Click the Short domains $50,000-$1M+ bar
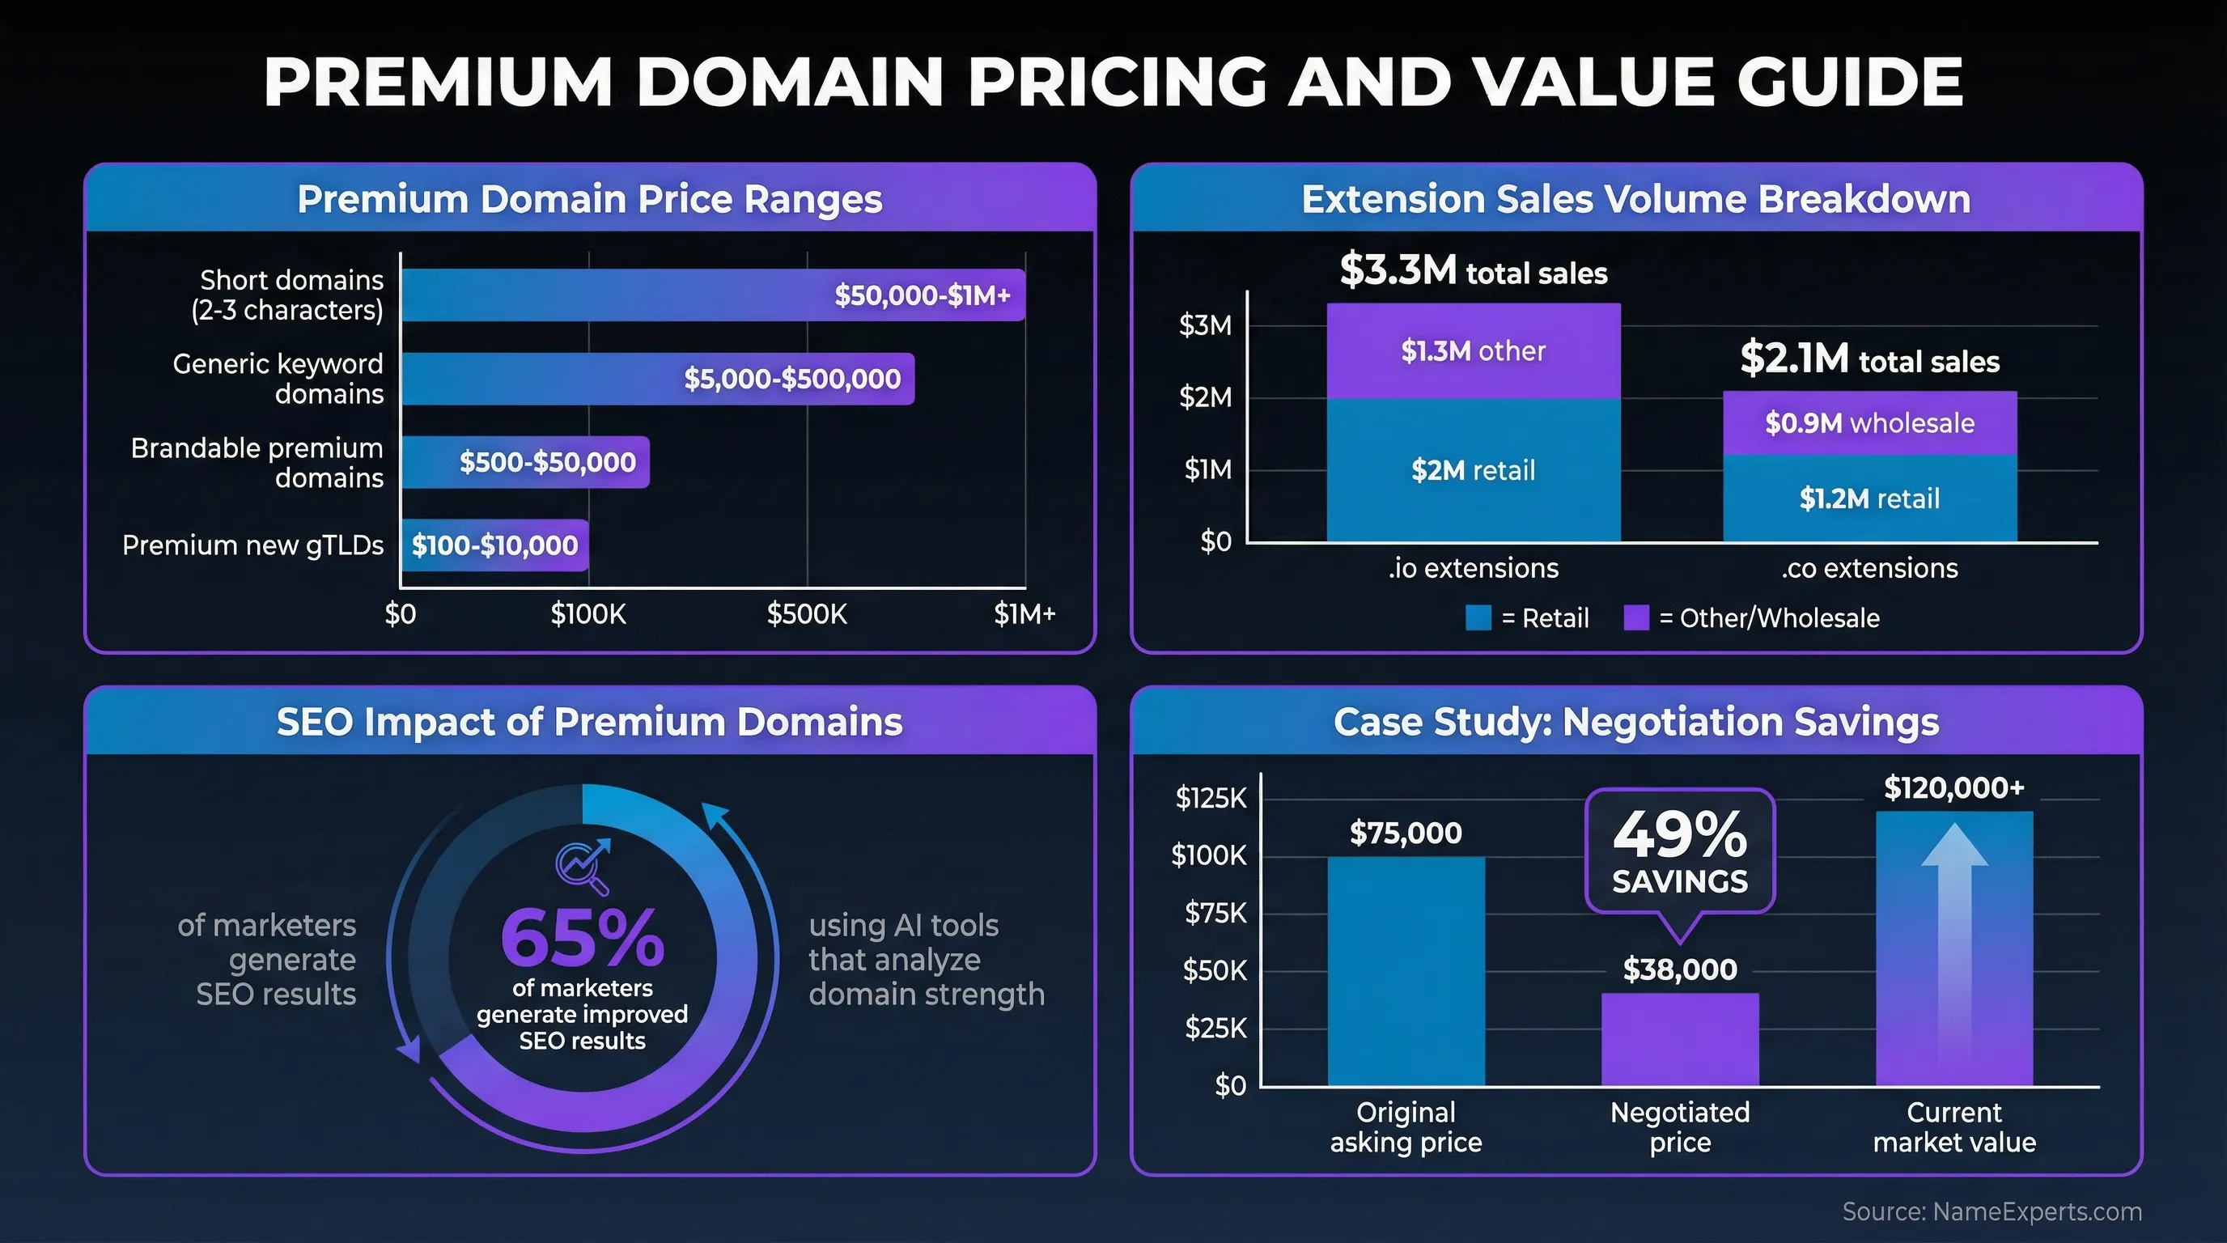click(713, 295)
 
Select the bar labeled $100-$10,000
click(494, 545)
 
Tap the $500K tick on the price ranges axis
click(807, 614)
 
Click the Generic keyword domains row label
click(278, 379)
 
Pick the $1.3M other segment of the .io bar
click(1473, 351)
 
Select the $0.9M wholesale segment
click(1869, 422)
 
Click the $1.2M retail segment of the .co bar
click(1869, 498)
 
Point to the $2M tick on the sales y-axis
click(1206, 397)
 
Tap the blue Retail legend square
click(1478, 618)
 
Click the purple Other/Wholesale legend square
click(1635, 618)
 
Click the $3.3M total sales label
click(1473, 270)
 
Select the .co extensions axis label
click(1869, 568)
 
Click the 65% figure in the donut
click(582, 939)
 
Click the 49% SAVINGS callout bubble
click(1680, 851)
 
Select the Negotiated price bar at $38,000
click(1680, 1039)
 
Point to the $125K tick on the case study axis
click(1211, 797)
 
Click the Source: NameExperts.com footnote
click(1991, 1211)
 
